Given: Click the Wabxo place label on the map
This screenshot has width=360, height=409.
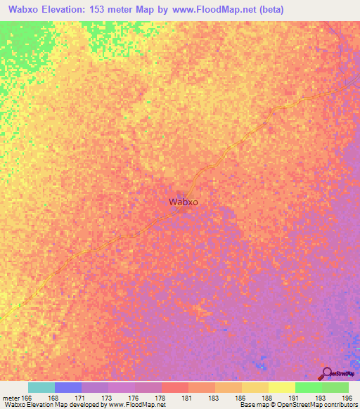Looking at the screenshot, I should pyautogui.click(x=184, y=202).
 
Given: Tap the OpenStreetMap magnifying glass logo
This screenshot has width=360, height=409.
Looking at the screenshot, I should pyautogui.click(x=325, y=373).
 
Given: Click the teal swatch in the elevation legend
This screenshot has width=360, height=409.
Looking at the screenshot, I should pyautogui.click(x=41, y=387).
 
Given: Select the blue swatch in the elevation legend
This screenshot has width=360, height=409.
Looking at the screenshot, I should pyautogui.click(x=68, y=387).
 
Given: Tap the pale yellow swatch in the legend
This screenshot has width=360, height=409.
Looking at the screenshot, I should pyautogui.click(x=282, y=387).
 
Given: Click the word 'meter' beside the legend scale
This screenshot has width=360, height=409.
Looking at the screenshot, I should pyautogui.click(x=11, y=398).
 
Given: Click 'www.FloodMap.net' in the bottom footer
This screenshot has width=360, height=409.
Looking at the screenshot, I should pyautogui.click(x=137, y=405).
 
